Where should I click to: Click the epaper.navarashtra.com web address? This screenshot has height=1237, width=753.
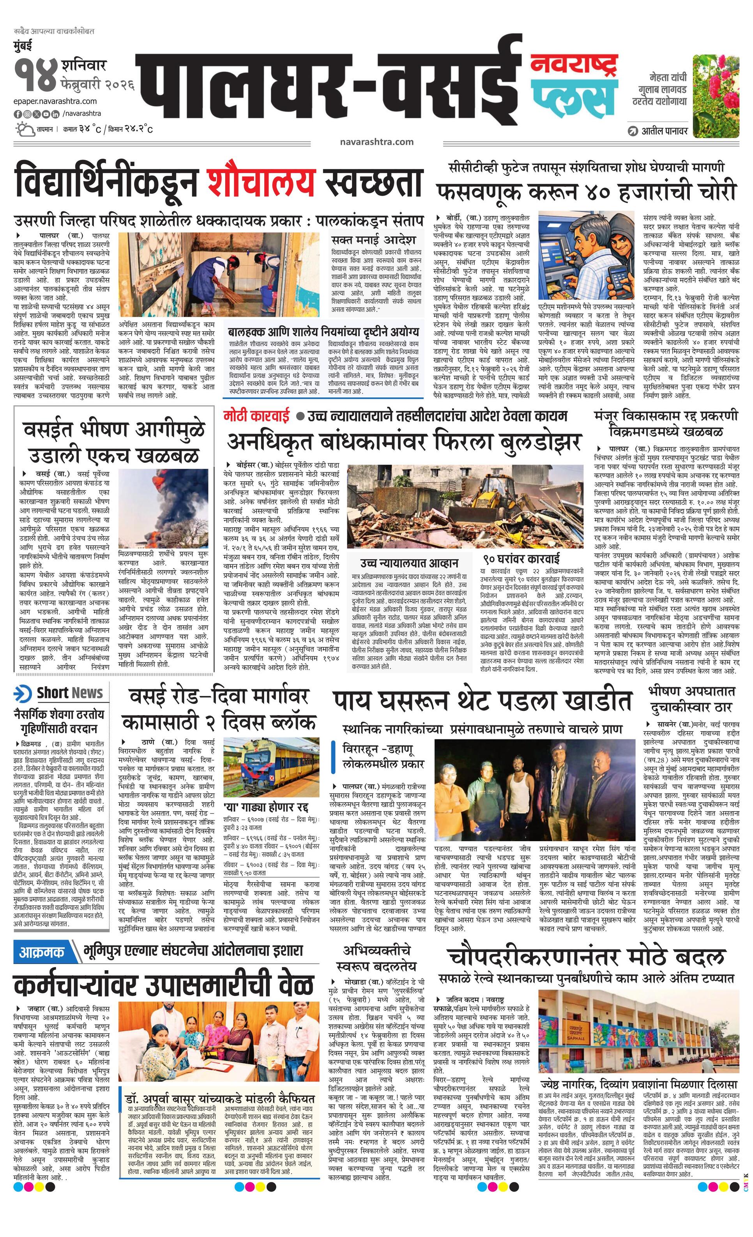point(55,101)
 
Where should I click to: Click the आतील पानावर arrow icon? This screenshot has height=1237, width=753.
point(633,131)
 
